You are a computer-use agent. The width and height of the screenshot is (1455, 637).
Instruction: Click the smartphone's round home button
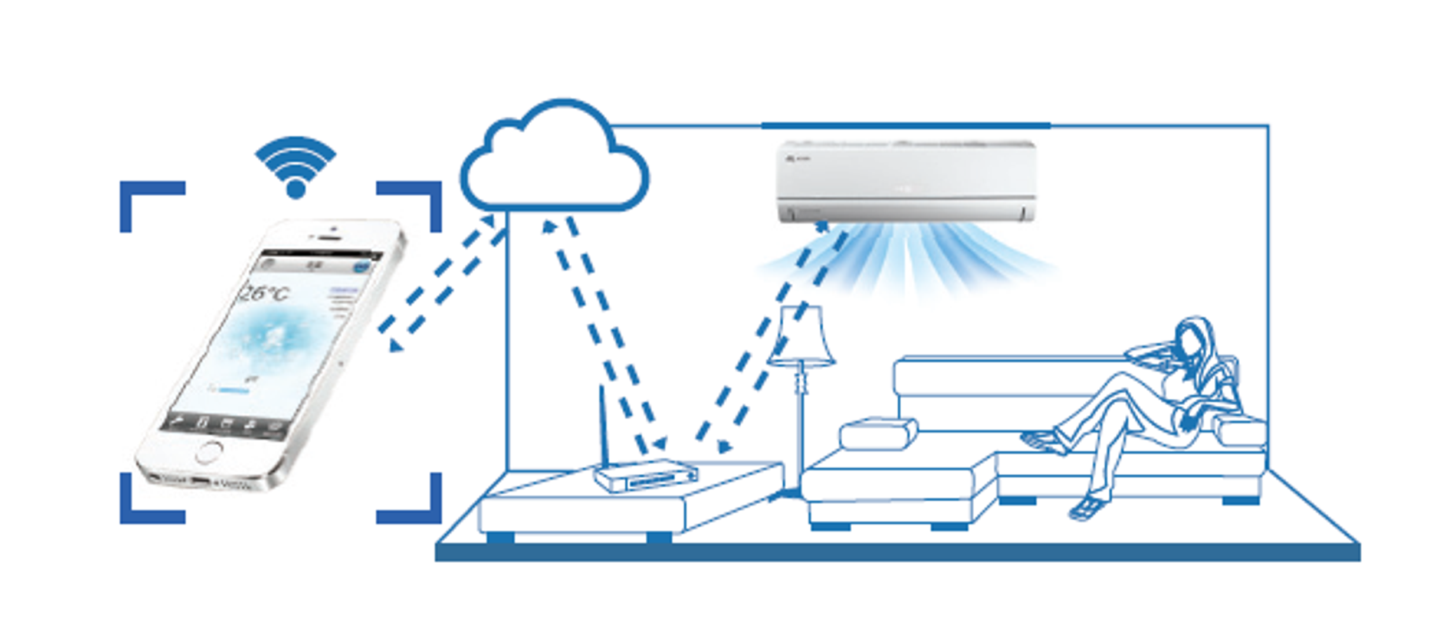point(208,453)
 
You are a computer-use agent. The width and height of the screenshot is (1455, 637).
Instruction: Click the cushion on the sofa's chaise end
point(878,433)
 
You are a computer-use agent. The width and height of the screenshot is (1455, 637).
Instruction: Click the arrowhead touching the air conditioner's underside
point(822,225)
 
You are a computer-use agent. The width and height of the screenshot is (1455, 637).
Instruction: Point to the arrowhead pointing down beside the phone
point(396,346)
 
